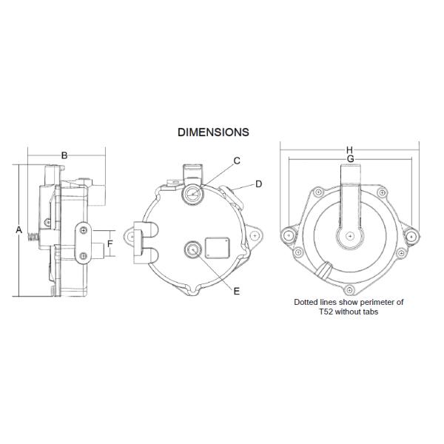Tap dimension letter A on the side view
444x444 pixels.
(18, 229)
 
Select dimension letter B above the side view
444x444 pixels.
(64, 155)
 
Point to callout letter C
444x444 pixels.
(237, 161)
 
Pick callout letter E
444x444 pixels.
(237, 291)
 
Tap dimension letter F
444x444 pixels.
(110, 243)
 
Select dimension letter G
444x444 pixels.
(349, 159)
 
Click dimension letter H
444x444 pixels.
(349, 150)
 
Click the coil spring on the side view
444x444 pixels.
(32, 238)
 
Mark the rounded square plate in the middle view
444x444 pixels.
(217, 246)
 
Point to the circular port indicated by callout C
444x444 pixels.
(192, 195)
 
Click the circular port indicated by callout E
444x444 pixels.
(194, 249)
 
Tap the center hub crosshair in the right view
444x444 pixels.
(349, 237)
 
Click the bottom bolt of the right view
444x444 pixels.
(349, 288)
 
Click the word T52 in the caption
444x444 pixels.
(318, 312)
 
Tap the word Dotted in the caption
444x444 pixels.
(307, 303)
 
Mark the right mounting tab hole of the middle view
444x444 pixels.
(255, 236)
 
